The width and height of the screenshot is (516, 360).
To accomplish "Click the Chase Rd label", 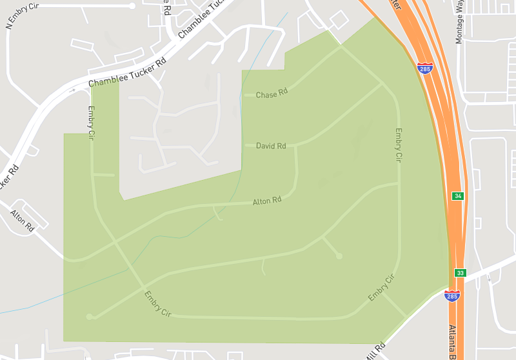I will coord(271,94).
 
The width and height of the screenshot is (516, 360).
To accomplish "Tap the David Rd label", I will coord(271,146).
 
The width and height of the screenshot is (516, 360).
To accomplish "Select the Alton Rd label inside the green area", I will coord(268,201).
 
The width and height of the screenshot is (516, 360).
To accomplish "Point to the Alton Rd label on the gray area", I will coord(22,221).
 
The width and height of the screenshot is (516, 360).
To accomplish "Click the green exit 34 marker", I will coord(457,195).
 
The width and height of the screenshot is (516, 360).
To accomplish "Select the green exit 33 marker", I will coord(460,273).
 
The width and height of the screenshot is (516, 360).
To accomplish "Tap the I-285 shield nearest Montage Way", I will coord(425,68).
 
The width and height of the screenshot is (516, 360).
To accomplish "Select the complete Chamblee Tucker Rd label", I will coord(127,72).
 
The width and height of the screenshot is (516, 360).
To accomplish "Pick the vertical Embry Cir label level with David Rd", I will coord(398,145).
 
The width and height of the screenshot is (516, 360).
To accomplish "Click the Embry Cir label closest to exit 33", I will coord(381,288).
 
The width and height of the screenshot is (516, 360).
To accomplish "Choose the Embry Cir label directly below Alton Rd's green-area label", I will coord(157,304).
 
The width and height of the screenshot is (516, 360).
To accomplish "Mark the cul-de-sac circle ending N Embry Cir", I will coord(132,6).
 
